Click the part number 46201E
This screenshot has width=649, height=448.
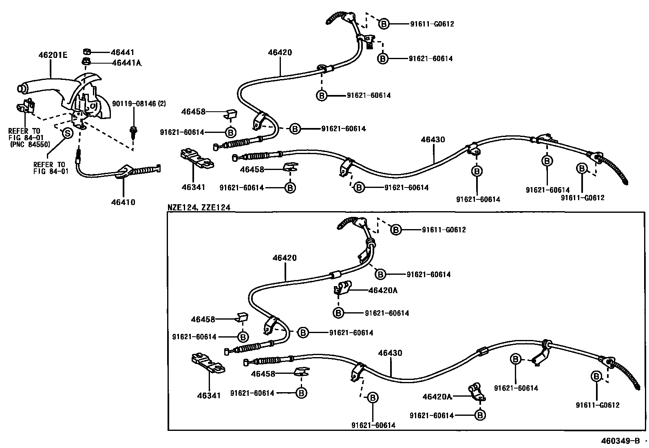pyautogui.click(x=52, y=54)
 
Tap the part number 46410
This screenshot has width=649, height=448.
pyautogui.click(x=123, y=202)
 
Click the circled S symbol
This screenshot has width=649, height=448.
pyautogui.click(x=67, y=132)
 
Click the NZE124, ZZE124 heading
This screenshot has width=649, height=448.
pyautogui.click(x=199, y=207)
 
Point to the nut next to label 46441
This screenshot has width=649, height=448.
pyautogui.click(x=86, y=52)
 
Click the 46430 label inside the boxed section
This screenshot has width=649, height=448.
pyautogui.click(x=390, y=353)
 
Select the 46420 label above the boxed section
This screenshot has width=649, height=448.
pyautogui.click(x=280, y=52)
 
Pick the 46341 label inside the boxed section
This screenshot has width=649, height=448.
pyautogui.click(x=209, y=395)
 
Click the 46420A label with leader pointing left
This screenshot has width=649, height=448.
pyautogui.click(x=382, y=290)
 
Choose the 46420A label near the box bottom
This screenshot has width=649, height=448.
pyautogui.click(x=437, y=397)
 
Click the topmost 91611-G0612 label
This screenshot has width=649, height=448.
pyautogui.click(x=432, y=24)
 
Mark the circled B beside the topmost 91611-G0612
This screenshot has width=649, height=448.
pyautogui.click(x=384, y=24)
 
